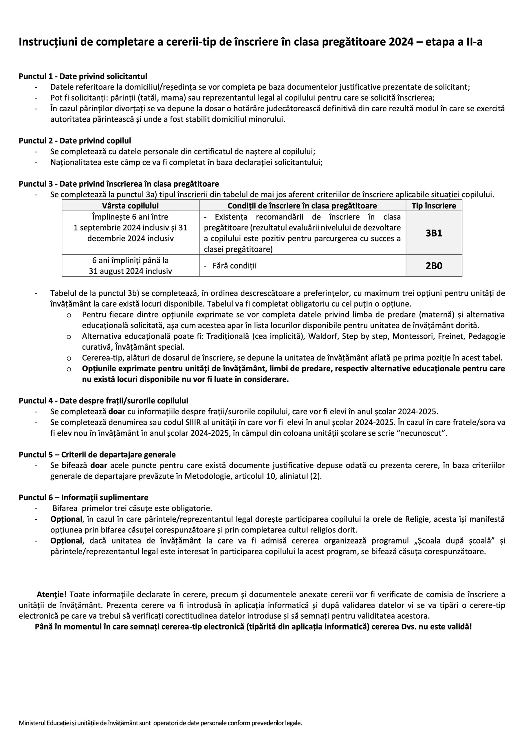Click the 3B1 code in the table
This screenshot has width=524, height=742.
click(x=434, y=233)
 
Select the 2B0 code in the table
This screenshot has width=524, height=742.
click(x=434, y=266)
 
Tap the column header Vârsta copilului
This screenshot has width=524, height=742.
click(x=131, y=206)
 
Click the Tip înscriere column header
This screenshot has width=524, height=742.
click(x=434, y=206)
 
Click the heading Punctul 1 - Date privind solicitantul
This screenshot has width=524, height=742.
click(x=83, y=77)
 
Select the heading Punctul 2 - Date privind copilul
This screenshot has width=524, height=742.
click(x=75, y=141)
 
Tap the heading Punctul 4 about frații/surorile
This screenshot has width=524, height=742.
click(x=103, y=401)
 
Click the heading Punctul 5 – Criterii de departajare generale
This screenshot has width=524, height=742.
click(x=97, y=455)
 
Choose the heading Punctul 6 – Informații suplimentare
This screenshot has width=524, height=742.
click(x=84, y=498)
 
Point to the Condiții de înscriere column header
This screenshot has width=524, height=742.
click(x=302, y=206)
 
